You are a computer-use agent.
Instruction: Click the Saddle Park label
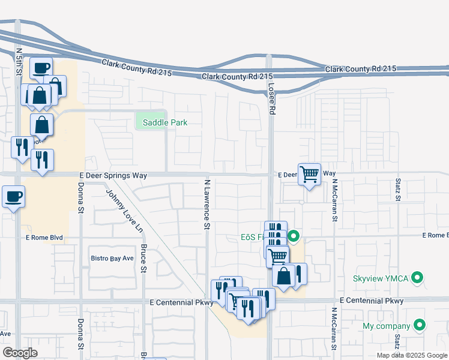164,122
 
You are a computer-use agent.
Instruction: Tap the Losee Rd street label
271,99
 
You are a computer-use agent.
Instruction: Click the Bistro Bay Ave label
112,258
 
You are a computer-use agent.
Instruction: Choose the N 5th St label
19,62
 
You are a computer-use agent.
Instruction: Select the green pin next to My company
420,326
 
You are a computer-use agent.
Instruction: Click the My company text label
387,326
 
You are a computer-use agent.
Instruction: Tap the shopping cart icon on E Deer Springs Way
309,175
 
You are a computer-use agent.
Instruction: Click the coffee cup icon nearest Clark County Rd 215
41,68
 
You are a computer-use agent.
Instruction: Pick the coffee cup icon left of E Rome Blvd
13,196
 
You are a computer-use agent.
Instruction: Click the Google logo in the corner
20,352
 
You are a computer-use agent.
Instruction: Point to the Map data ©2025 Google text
411,355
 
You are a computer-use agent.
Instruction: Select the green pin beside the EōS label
294,236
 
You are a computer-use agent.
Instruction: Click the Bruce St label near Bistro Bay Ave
143,258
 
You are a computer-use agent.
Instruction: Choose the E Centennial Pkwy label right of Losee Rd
371,300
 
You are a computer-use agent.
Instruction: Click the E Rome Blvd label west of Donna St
44,238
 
